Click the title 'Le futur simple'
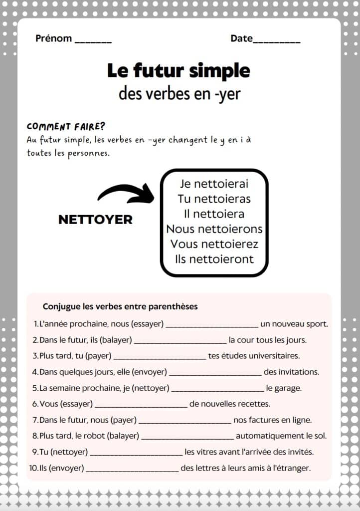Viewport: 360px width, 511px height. pos(179,71)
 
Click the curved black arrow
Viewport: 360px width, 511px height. pos(126,194)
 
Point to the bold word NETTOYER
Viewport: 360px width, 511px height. pos(95,220)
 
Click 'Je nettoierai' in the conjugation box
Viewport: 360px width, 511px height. pos(214,184)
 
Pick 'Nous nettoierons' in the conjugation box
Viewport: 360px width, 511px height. pos(214,229)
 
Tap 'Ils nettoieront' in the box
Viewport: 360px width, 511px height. pos(214,259)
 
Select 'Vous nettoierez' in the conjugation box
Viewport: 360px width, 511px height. pos(214,244)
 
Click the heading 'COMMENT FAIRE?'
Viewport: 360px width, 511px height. pos(66,126)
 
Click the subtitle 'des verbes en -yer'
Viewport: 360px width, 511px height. pos(180,93)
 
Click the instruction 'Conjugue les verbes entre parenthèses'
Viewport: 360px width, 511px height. pos(120,306)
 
